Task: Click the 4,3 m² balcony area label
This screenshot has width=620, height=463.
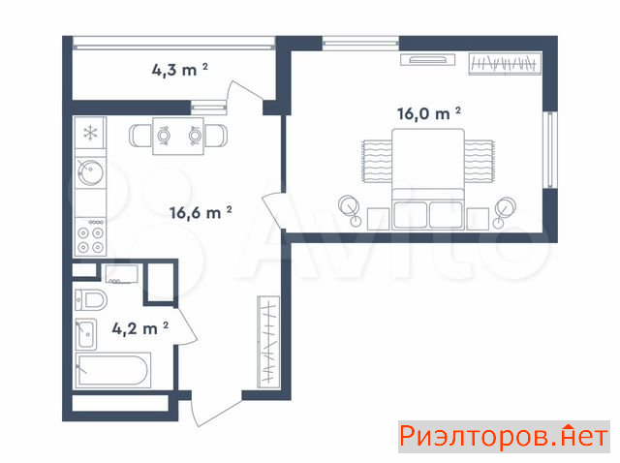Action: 179,70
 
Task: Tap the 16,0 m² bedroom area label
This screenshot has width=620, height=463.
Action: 429,113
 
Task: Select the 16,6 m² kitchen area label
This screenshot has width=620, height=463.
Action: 201,212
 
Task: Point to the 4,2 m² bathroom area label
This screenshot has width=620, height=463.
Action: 139,328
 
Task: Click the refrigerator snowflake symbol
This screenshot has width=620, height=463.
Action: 90,133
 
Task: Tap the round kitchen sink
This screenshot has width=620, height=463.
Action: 90,172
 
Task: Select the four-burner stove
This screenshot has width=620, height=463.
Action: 90,236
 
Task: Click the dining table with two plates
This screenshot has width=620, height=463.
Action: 178,136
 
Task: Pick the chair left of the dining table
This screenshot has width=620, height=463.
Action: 140,136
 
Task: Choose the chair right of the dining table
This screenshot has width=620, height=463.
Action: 216,136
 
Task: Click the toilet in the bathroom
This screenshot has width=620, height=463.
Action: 91,300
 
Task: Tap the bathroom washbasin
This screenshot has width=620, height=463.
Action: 86,334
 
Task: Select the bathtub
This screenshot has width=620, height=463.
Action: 113,370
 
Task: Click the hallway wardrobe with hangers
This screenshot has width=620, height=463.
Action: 268,342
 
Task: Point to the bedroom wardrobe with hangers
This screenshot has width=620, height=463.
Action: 505,63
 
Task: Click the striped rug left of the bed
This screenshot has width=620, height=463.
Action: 377,162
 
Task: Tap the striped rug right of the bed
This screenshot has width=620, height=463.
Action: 480,162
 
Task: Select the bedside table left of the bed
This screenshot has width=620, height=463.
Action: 379,219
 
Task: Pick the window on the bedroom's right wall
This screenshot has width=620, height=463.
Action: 550,150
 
